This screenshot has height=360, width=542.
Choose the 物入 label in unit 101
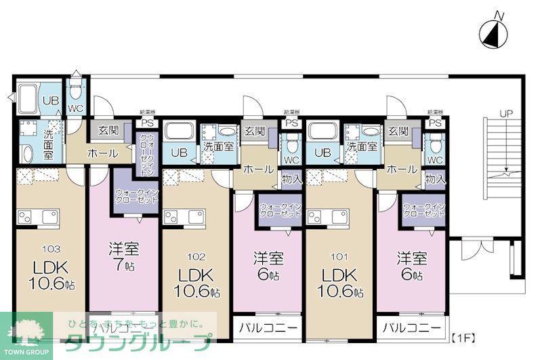435,180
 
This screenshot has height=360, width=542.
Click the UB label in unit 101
322,152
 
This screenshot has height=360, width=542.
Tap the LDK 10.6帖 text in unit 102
195,283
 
